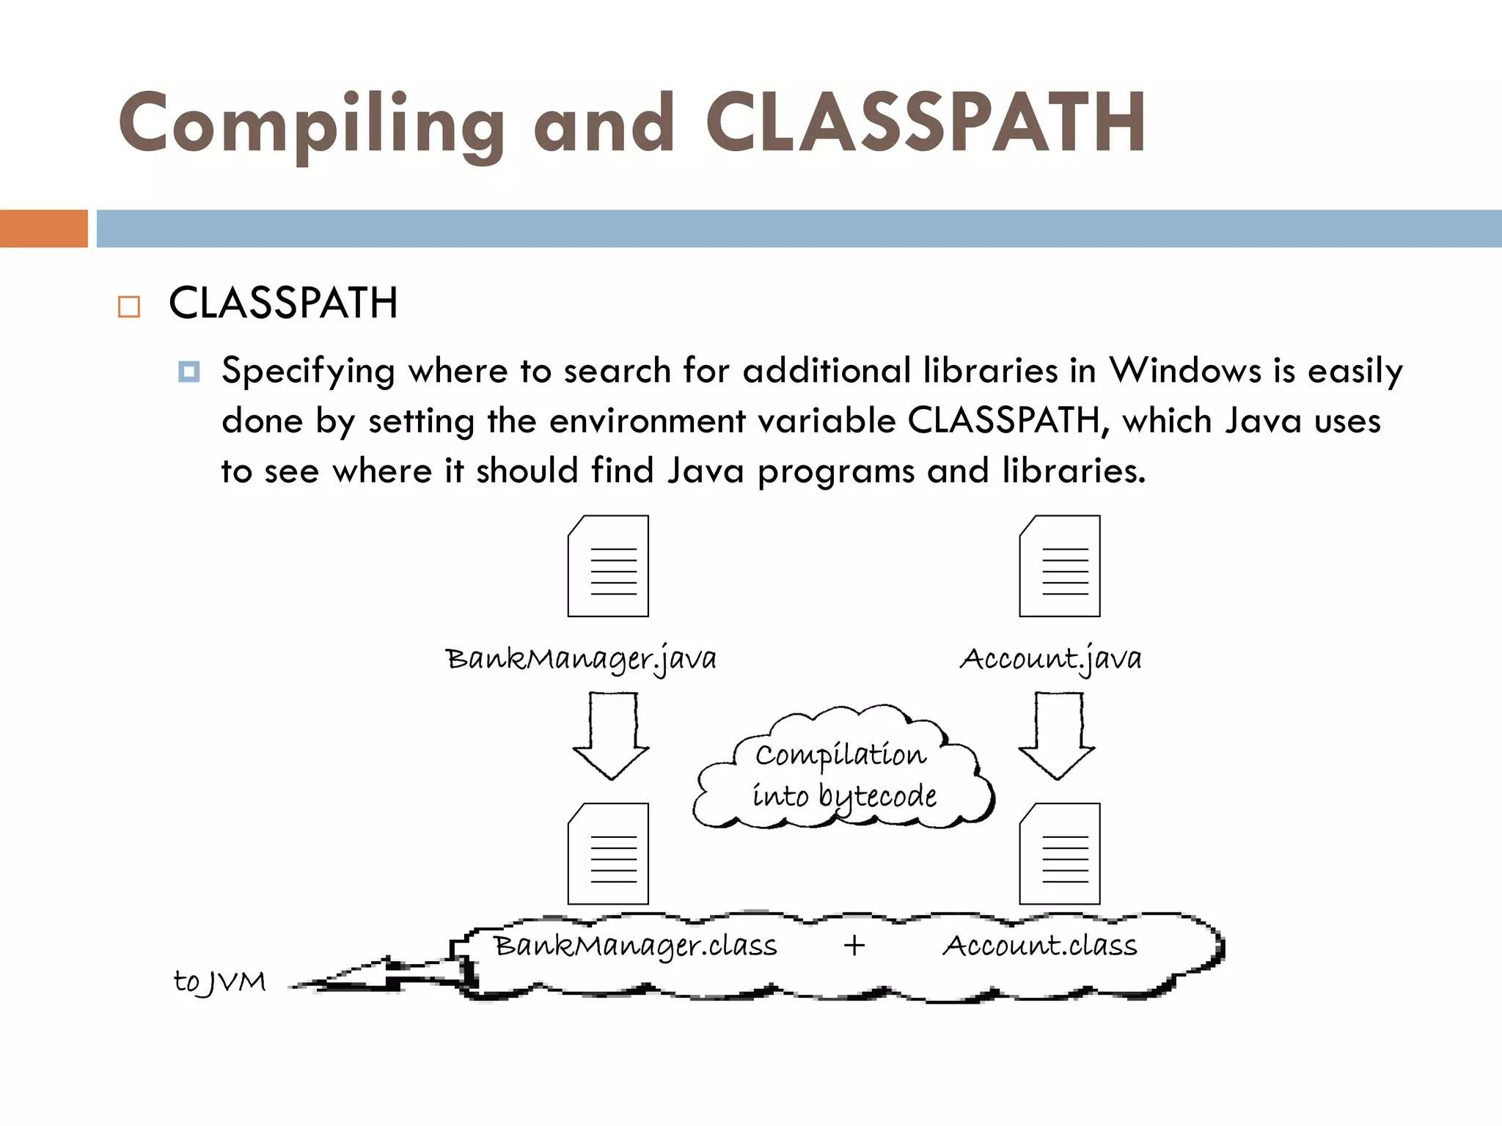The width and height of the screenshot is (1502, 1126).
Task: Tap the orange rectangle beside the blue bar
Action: (43, 229)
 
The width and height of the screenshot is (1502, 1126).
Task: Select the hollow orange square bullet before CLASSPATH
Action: (129, 306)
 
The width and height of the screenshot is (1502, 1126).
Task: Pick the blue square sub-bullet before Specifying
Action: (188, 372)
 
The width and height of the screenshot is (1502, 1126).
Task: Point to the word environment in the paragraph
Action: (647, 421)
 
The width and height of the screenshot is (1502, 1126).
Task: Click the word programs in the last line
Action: (835, 471)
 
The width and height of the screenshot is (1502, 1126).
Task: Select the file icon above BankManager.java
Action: (608, 566)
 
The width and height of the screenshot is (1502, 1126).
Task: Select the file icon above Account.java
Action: (1060, 566)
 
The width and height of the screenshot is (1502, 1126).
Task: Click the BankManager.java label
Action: (581, 658)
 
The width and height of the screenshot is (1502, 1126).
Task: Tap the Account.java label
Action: (1050, 658)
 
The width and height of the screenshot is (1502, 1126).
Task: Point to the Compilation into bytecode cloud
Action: (843, 773)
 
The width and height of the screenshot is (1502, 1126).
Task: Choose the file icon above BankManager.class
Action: (608, 854)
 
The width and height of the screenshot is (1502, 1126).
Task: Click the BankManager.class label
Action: (635, 946)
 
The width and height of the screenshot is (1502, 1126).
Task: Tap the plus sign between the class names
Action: (854, 946)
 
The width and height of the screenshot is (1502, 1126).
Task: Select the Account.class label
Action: (1039, 946)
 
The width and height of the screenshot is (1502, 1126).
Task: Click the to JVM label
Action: (219, 982)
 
